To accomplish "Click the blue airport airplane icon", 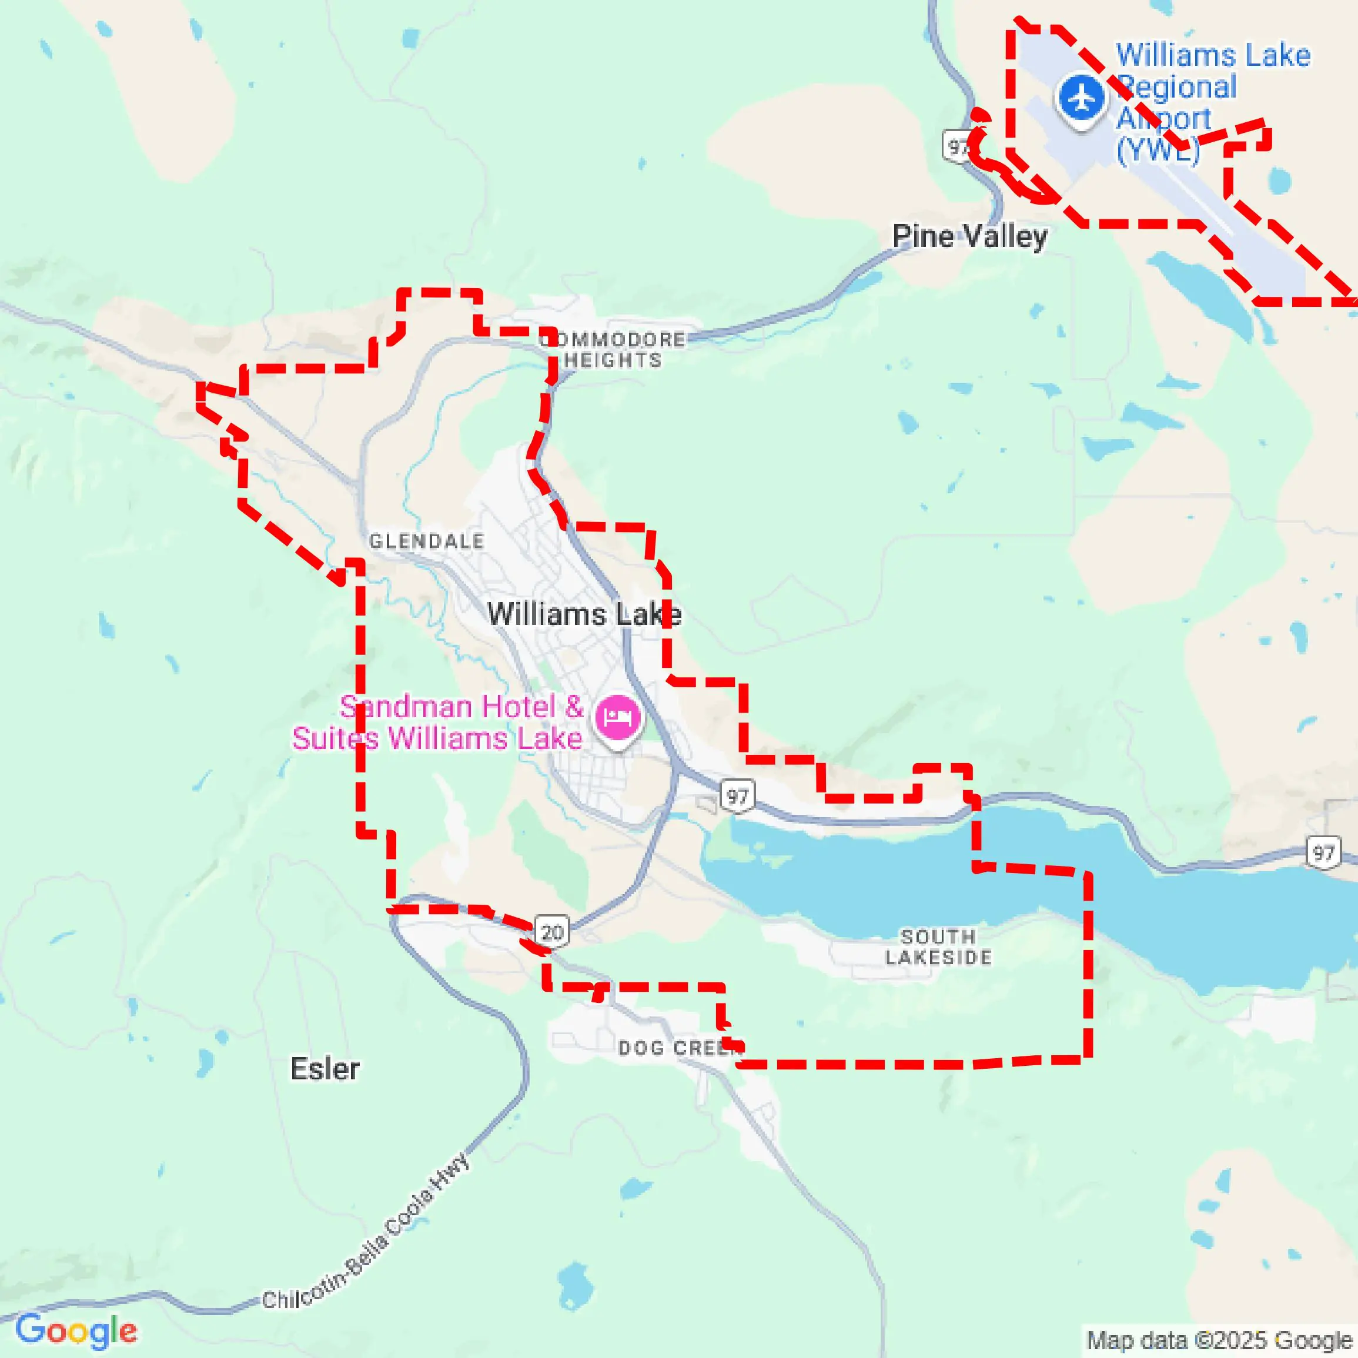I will point(1081,98).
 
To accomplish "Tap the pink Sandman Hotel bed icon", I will point(617,718).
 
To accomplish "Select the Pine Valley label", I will point(969,236).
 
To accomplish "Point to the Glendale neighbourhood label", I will point(427,541).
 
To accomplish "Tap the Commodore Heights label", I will point(613,350).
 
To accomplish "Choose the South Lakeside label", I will point(938,947).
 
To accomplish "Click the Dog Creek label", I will point(679,1048).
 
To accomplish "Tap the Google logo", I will point(76,1330).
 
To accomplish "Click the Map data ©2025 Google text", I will point(1219,1340).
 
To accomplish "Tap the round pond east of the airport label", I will point(1280,180).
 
